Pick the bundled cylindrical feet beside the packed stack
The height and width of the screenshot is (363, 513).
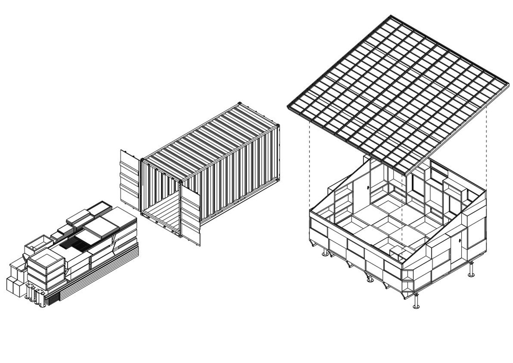37,295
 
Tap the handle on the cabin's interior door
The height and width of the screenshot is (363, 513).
368,187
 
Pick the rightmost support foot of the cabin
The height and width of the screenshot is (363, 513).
472,270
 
